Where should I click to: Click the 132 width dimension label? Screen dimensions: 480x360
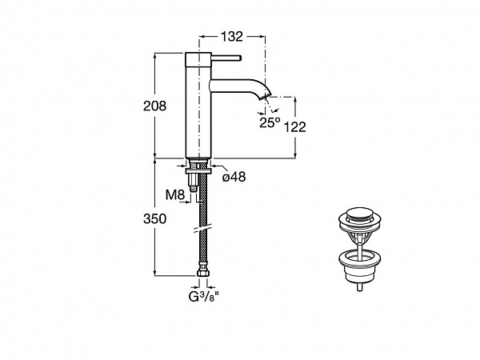[x=232, y=37]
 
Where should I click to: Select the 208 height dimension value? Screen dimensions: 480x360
[x=154, y=106]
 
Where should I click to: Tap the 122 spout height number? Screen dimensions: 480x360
[x=295, y=126]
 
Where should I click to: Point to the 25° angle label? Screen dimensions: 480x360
[x=270, y=122]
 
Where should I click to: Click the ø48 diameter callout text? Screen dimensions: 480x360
[x=234, y=177]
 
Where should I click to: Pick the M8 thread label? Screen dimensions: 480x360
[x=175, y=194]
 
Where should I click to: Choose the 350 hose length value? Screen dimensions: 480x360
[x=154, y=219]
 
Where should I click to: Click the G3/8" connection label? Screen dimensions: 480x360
[x=204, y=297]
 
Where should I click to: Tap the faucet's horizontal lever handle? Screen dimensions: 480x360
[x=226, y=58]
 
